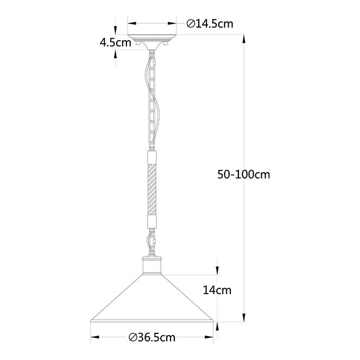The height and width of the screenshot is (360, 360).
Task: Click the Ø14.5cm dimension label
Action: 210,24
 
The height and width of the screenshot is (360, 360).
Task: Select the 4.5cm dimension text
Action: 116,42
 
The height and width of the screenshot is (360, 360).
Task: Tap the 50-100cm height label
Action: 244,174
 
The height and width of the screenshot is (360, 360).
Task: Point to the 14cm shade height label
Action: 217,290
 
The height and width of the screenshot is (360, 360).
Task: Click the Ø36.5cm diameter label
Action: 152,337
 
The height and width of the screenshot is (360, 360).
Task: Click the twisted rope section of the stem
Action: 151,189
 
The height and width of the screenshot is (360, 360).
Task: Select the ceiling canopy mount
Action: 151,42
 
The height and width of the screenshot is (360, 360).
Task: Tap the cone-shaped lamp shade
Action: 152,298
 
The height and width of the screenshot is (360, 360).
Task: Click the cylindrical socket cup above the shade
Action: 151,266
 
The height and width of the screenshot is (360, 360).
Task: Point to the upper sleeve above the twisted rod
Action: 151,157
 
